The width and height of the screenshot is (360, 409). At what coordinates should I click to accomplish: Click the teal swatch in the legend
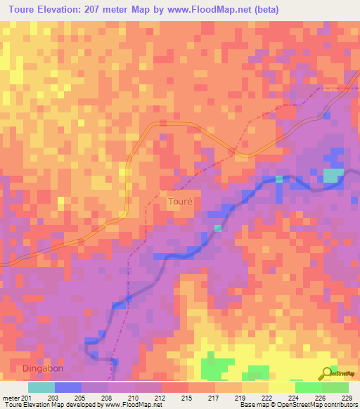(41, 387)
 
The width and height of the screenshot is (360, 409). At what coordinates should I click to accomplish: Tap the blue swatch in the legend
(68, 387)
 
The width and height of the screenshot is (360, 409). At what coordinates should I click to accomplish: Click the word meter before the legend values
(9, 396)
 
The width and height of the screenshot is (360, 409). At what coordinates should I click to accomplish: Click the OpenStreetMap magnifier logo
(326, 372)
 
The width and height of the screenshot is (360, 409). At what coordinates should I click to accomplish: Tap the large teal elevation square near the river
(333, 175)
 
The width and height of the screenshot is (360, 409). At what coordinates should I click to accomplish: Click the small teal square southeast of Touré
(218, 228)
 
